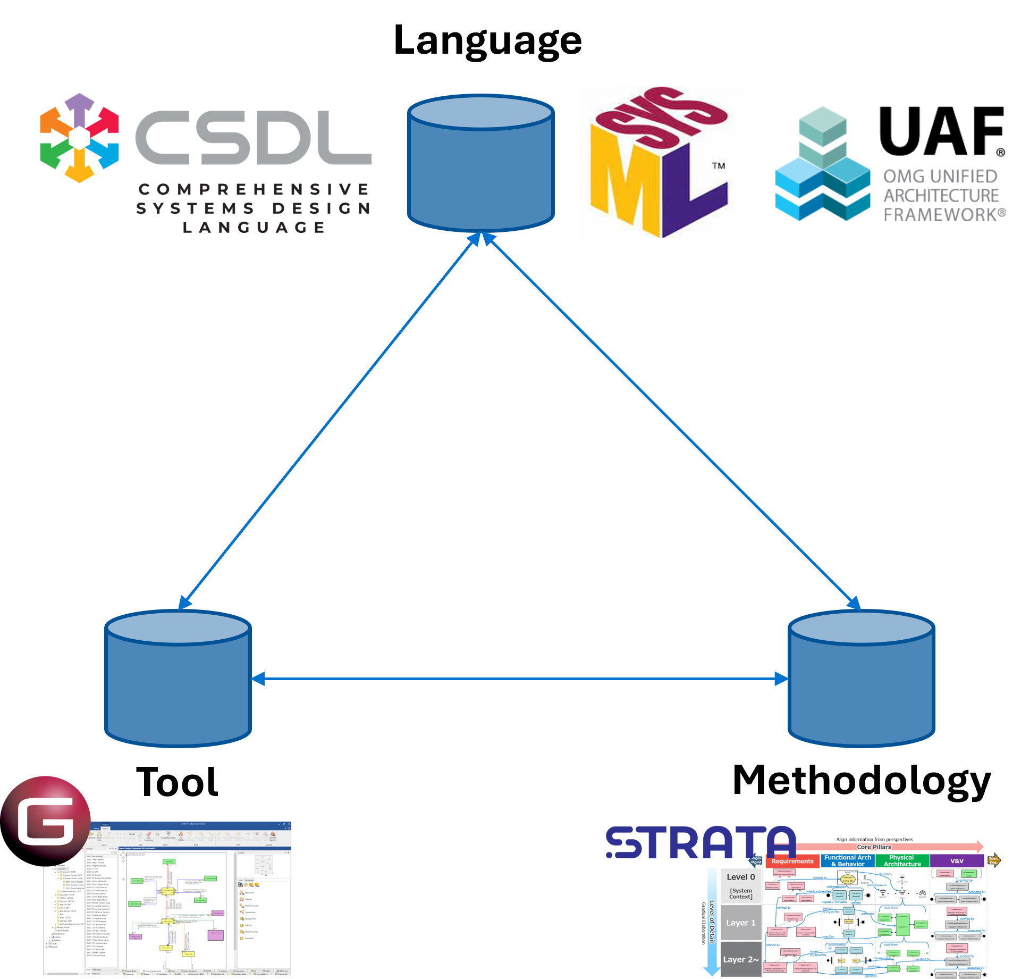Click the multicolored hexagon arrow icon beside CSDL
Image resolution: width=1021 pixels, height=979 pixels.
coord(80,138)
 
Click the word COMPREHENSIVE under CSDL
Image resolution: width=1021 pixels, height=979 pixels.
coord(254,189)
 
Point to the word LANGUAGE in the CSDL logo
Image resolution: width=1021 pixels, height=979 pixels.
coord(254,228)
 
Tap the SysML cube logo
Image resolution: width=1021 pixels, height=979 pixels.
coord(661,162)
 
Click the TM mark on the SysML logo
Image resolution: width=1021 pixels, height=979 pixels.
coord(719,166)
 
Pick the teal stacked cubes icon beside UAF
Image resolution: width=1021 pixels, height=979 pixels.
coord(822,165)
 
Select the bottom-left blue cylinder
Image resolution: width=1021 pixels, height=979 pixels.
coord(178,680)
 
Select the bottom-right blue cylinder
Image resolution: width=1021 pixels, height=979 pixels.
coord(861,680)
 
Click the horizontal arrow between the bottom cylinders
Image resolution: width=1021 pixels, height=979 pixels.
coord(519,679)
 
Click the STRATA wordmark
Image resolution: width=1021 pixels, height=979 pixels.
coord(700,843)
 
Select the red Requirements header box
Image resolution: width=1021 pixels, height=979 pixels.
coord(792,861)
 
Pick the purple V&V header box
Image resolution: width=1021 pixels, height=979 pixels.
coord(957,861)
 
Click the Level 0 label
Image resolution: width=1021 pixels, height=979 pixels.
coord(741,877)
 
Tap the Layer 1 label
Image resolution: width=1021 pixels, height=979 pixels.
coord(741,923)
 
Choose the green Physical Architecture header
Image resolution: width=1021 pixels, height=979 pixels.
coord(902,861)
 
